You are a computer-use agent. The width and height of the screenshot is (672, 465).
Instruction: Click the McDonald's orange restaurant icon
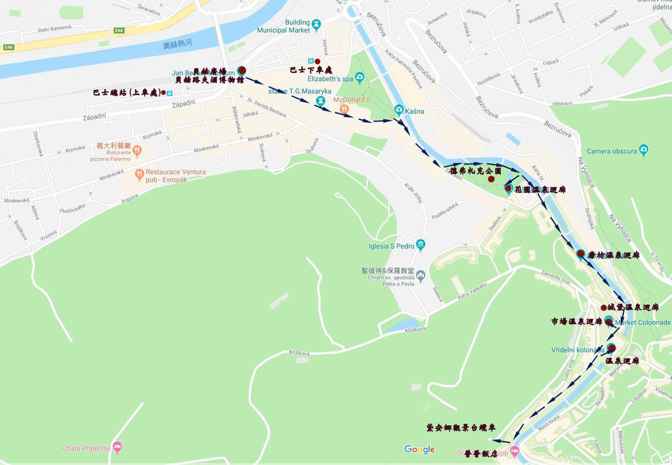coord(344,110)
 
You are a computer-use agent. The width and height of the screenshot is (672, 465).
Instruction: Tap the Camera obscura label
coord(612,151)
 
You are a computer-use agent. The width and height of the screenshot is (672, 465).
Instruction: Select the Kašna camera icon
coord(398,110)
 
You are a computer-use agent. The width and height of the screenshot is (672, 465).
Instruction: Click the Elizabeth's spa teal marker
coord(359,78)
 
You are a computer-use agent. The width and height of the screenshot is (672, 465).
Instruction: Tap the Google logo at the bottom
coord(419,449)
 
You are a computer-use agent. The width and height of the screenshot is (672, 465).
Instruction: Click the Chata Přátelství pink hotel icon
coord(117,447)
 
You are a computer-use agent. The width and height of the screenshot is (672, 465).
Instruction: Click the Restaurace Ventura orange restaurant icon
coord(138,174)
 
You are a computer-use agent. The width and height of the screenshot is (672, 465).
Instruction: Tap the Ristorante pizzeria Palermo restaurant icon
coord(136,152)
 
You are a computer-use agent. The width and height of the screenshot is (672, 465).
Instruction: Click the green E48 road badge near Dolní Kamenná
coord(118,30)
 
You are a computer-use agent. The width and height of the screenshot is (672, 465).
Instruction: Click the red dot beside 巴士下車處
coord(318,62)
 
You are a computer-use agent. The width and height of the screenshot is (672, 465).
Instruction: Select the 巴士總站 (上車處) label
coord(126,92)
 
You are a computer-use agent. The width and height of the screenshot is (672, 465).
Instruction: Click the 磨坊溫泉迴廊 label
coord(613,255)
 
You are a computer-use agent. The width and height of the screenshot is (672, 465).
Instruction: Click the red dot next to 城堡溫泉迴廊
coord(604,308)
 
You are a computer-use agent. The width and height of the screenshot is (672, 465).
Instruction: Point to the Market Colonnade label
coord(643,323)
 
